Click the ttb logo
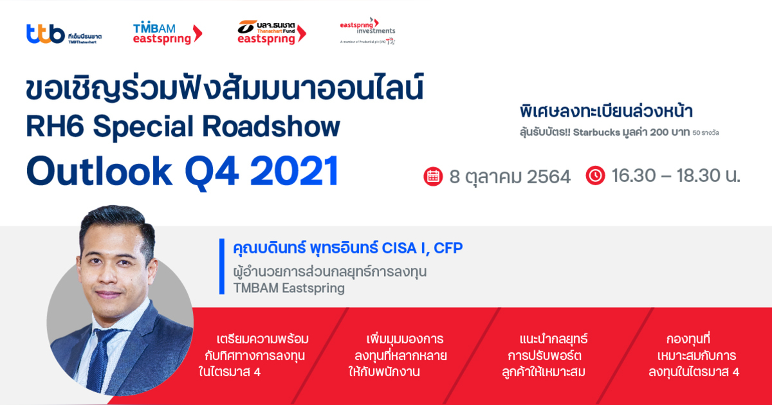63,33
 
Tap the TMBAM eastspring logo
167,33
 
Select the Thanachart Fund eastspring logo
271,32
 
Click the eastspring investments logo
367,32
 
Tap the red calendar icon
433,175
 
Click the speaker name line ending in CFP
342,248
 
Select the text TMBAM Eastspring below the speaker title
289,288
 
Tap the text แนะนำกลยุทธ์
553,339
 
